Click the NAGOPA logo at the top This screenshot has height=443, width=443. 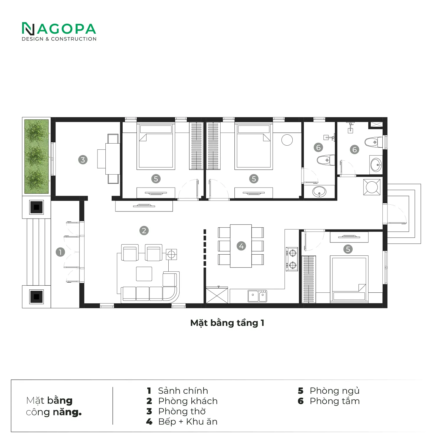(x=59, y=29)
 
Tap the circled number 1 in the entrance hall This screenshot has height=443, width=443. (x=60, y=252)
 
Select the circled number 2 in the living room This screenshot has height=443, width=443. (x=144, y=231)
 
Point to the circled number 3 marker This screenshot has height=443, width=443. (x=83, y=160)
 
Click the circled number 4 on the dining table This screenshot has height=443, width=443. (x=241, y=246)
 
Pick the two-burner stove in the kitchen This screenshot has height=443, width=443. (x=292, y=259)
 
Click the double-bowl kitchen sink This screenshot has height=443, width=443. (x=257, y=296)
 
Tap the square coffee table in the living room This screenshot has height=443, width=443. (x=144, y=274)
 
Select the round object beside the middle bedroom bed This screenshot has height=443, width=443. (x=287, y=140)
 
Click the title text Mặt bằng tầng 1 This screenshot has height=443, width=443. (x=227, y=323)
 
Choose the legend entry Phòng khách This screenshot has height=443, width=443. (x=188, y=401)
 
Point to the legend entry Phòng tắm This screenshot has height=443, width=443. (x=335, y=401)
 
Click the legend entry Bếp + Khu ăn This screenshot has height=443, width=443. (x=188, y=422)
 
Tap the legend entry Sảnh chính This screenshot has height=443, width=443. (x=183, y=391)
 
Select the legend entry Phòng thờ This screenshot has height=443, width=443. (x=182, y=411)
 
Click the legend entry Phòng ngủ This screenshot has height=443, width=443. (x=335, y=391)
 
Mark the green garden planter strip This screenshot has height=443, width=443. (x=36, y=156)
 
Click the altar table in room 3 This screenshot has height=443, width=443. (x=113, y=159)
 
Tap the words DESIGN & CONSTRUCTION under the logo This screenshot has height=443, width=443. (x=59, y=39)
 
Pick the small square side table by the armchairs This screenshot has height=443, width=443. (x=171, y=254)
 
